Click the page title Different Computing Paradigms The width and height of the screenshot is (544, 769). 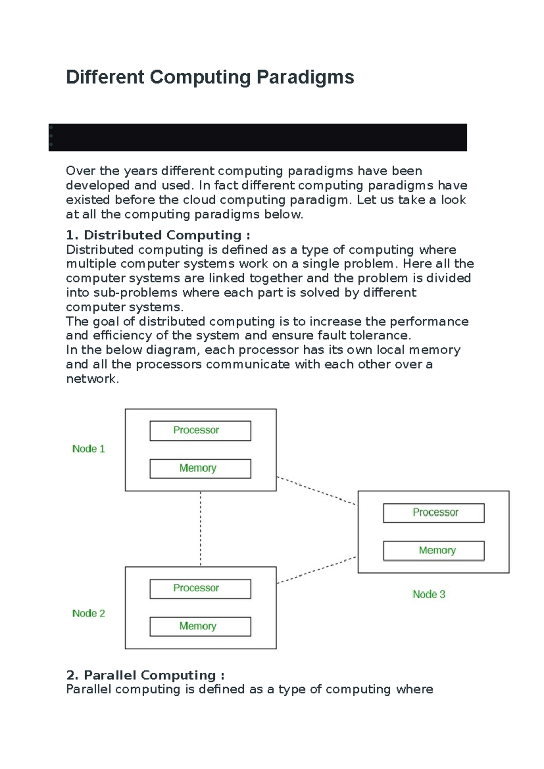[x=210, y=77]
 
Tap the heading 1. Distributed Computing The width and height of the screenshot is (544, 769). [x=158, y=235]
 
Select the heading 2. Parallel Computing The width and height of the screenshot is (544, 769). [x=145, y=675]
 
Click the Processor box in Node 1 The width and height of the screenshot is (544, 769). [x=200, y=430]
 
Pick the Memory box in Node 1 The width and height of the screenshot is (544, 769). [x=200, y=468]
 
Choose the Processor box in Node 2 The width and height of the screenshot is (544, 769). [x=200, y=589]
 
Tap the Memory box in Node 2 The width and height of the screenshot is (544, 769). [x=200, y=626]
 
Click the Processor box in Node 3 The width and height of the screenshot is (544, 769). [x=433, y=513]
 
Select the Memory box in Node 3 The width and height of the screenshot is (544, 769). [x=433, y=550]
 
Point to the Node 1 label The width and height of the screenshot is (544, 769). [x=88, y=449]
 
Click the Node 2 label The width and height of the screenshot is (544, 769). [x=88, y=613]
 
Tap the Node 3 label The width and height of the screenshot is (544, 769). [x=429, y=594]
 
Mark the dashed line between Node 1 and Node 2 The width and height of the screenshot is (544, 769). [x=200, y=529]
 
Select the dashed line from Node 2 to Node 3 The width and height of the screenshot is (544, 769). [x=316, y=570]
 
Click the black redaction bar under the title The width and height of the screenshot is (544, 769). [x=257, y=137]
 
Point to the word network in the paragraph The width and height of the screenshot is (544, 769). [x=92, y=379]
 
